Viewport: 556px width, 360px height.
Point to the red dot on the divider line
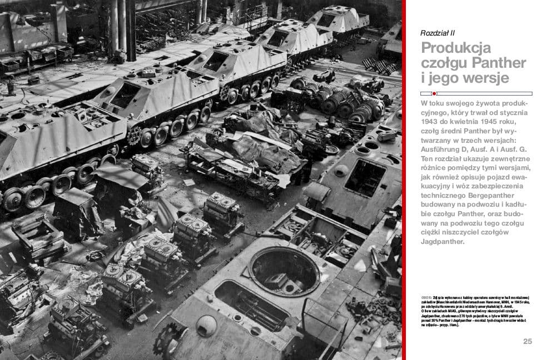tap(434, 93)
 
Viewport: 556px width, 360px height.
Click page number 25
tap(527, 341)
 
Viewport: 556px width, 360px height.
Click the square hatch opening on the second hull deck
tap(365, 178)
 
